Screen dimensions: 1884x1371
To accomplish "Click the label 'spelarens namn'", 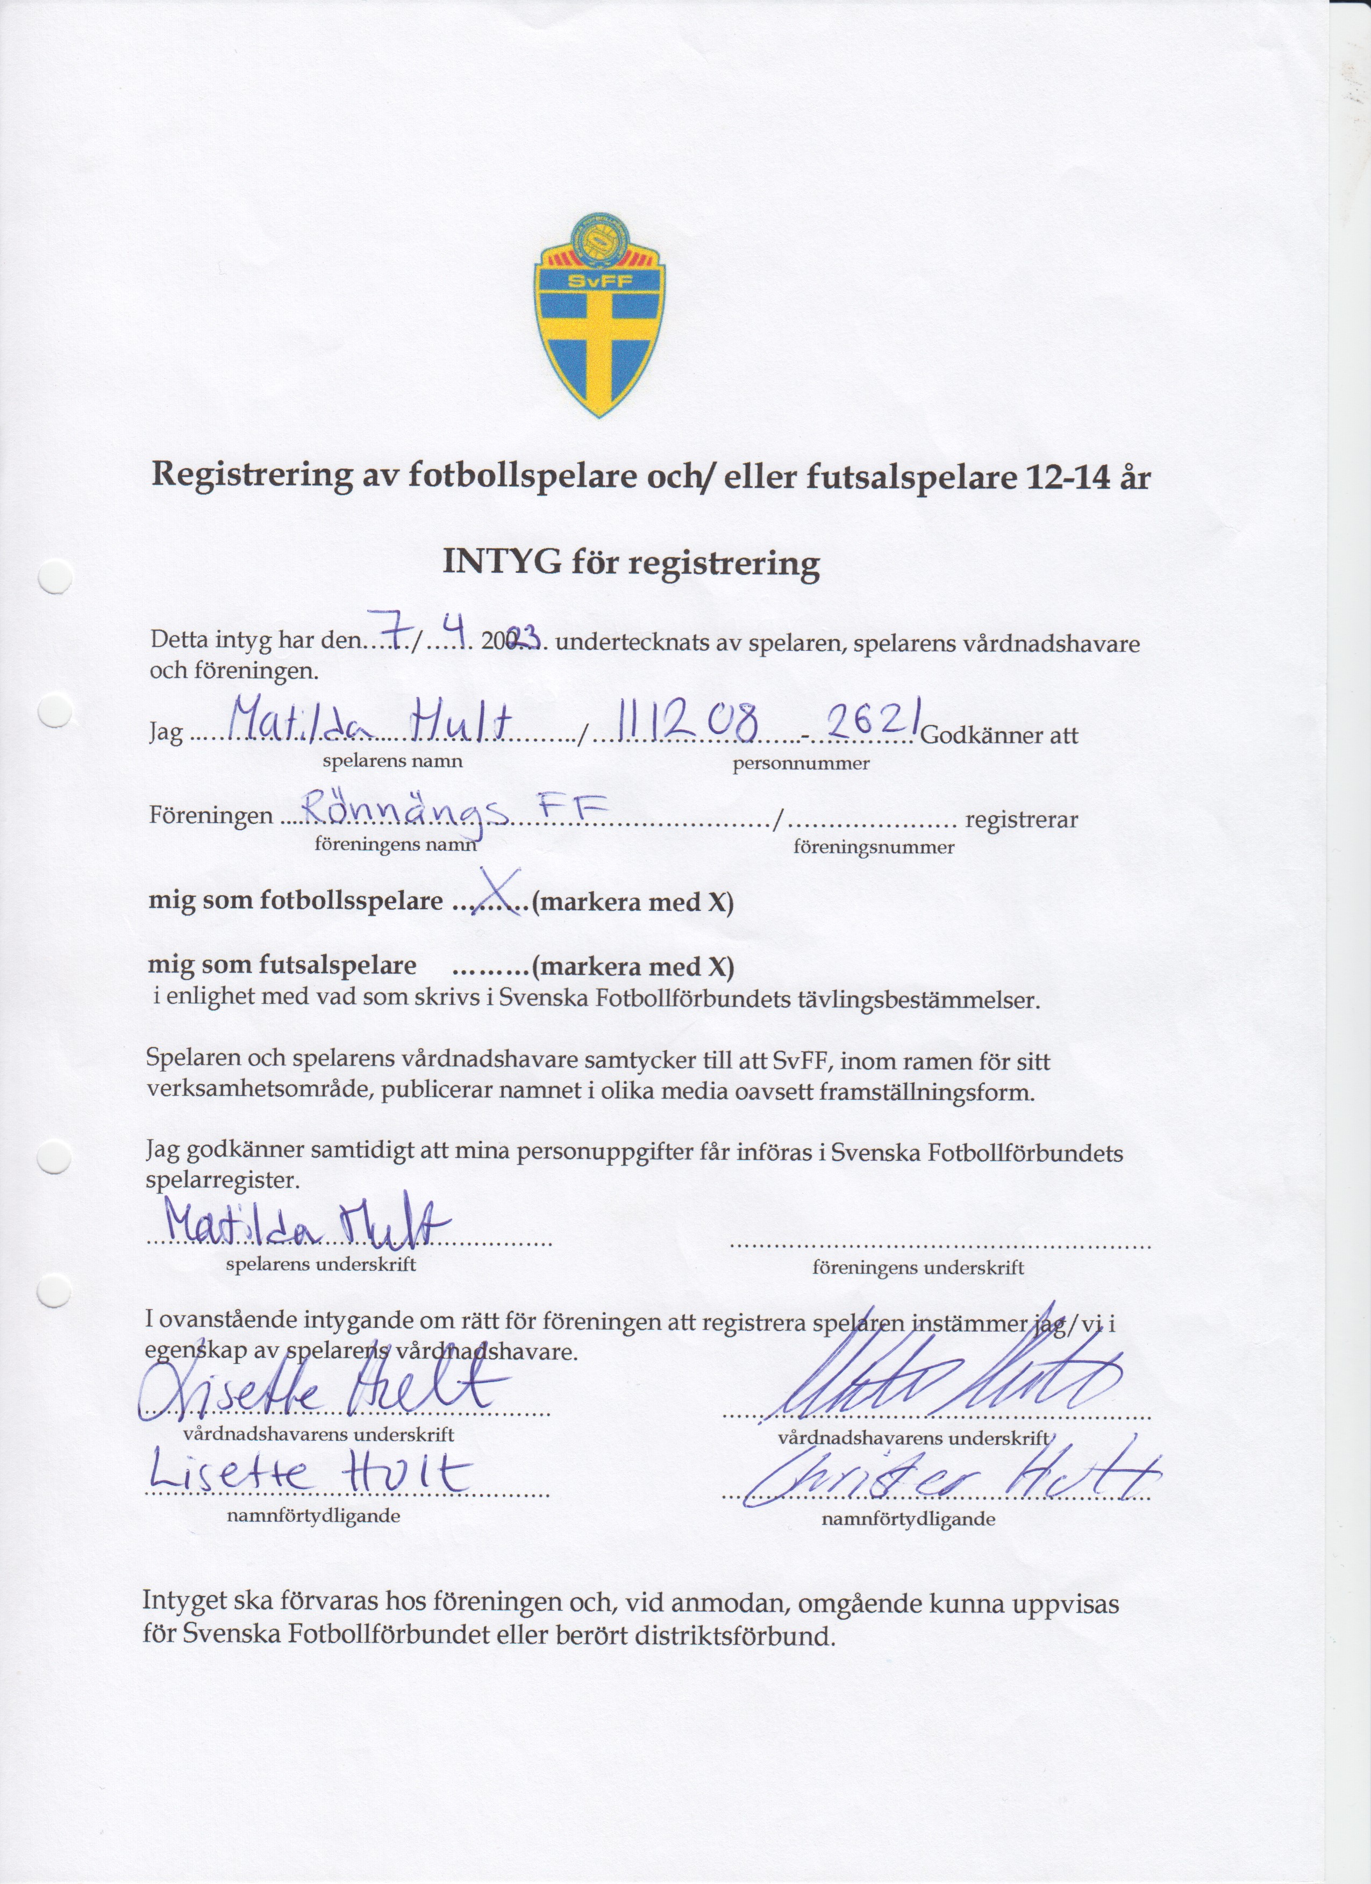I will click(x=392, y=761).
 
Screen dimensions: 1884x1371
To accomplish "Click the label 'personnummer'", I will click(x=800, y=764).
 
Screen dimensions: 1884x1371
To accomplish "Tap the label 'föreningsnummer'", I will click(x=873, y=847).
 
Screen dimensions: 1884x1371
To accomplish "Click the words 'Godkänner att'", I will click(x=999, y=735).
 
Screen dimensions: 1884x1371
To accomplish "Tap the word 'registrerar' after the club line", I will click(x=1021, y=820).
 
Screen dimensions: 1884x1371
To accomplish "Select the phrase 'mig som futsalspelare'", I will click(x=282, y=965).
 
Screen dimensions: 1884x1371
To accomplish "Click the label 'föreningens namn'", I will click(x=396, y=845).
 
